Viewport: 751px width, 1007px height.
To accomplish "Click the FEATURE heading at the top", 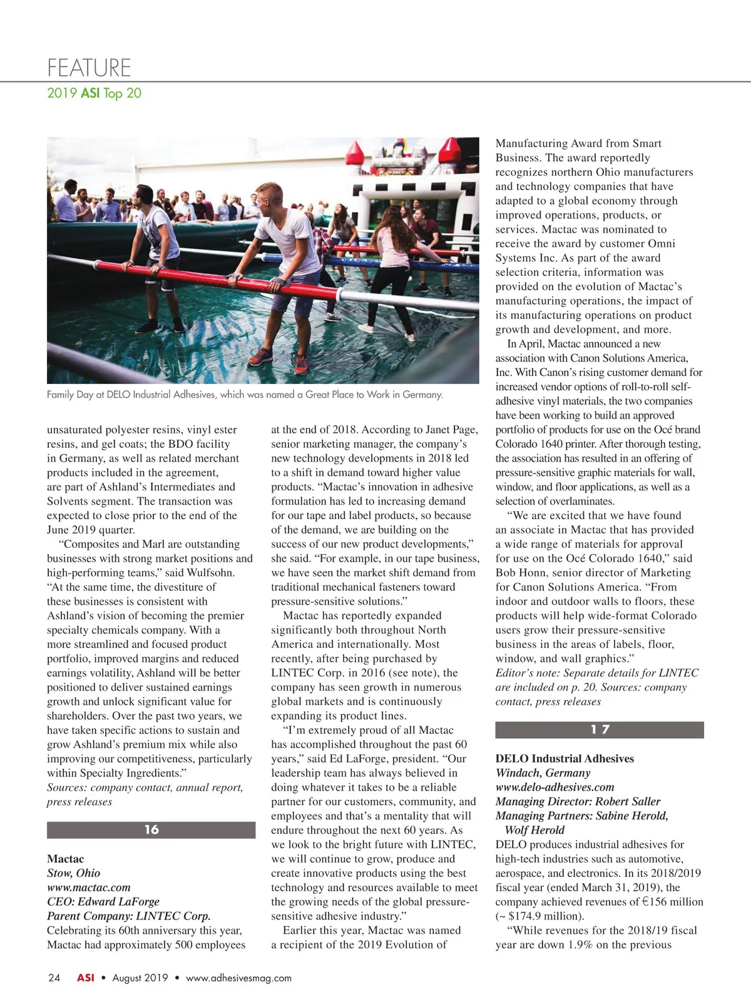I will click(89, 68).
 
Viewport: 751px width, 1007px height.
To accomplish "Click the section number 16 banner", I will click(151, 829).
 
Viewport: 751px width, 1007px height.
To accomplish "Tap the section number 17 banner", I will click(599, 729).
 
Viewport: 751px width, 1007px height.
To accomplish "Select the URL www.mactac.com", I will click(89, 887).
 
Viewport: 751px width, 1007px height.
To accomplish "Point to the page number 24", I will click(54, 978).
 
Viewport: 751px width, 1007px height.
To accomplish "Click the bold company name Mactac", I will click(65, 859).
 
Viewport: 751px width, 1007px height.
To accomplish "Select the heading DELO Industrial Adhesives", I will click(565, 758).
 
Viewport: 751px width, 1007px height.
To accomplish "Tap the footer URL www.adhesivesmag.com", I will click(238, 978).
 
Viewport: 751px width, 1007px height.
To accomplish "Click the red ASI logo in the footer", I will click(86, 978).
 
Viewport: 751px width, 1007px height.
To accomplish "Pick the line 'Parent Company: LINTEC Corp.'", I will click(129, 916).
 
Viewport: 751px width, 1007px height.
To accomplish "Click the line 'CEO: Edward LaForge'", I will click(103, 901).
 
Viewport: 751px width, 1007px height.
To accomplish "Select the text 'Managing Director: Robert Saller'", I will click(578, 801).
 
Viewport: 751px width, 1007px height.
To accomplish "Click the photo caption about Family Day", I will click(245, 395).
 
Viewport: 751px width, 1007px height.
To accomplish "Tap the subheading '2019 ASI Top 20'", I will click(94, 93).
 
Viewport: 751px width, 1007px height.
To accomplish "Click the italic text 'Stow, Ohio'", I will click(73, 873).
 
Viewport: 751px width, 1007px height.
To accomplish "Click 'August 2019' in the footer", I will click(140, 978).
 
